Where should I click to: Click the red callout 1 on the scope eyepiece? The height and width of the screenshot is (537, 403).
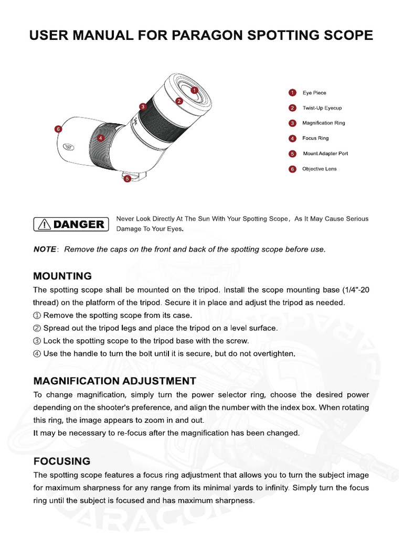[194, 90]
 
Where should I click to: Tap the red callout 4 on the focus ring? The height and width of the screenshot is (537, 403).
[101, 138]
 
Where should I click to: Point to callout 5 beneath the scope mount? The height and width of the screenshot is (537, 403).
[127, 178]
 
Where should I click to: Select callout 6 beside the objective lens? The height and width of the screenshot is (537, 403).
[58, 128]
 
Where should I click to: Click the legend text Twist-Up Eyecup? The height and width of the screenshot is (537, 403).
[322, 108]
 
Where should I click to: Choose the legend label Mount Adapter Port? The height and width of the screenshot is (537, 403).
[325, 154]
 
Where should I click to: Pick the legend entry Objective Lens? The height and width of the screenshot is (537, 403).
[319, 169]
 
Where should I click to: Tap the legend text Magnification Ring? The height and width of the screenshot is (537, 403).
[323, 123]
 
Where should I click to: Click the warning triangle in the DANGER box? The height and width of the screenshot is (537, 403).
[45, 224]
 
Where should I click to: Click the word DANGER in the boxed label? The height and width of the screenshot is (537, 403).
[79, 224]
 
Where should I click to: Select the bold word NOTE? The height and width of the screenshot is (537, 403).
[45, 250]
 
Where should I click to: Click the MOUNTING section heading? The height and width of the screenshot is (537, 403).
[62, 276]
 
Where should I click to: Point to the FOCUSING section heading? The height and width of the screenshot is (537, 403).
[62, 461]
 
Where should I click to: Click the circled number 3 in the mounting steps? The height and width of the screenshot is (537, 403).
[37, 341]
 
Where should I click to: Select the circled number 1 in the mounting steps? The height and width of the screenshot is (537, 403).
[37, 316]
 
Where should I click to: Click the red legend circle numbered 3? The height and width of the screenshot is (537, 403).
[292, 123]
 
